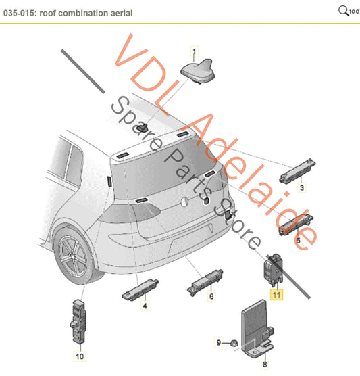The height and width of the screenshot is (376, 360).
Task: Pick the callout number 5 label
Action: point(297,239)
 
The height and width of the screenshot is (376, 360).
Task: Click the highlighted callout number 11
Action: point(277,293)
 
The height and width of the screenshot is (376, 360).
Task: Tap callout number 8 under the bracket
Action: point(264,365)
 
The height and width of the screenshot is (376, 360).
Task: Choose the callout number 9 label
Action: point(218,343)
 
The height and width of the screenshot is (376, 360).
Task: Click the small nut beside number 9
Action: point(231,344)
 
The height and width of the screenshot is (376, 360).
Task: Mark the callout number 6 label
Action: point(211,296)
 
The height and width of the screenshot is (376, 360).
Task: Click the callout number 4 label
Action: point(144,306)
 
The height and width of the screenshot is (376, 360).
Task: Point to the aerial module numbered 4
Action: point(142,288)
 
